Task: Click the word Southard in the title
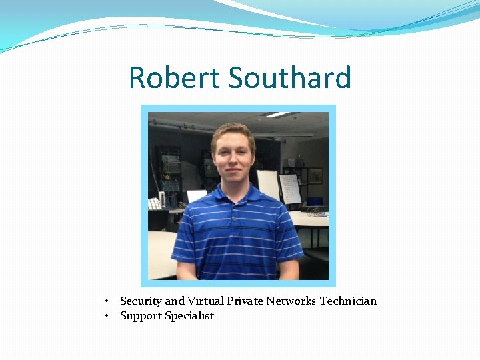click(290, 77)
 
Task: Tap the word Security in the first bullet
click(141, 301)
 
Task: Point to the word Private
click(245, 301)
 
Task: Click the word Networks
click(291, 301)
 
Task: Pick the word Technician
click(348, 301)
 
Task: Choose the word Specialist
click(189, 316)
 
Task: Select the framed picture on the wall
click(315, 175)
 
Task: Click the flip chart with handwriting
click(290, 188)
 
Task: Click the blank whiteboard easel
click(269, 184)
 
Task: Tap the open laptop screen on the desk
click(196, 196)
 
